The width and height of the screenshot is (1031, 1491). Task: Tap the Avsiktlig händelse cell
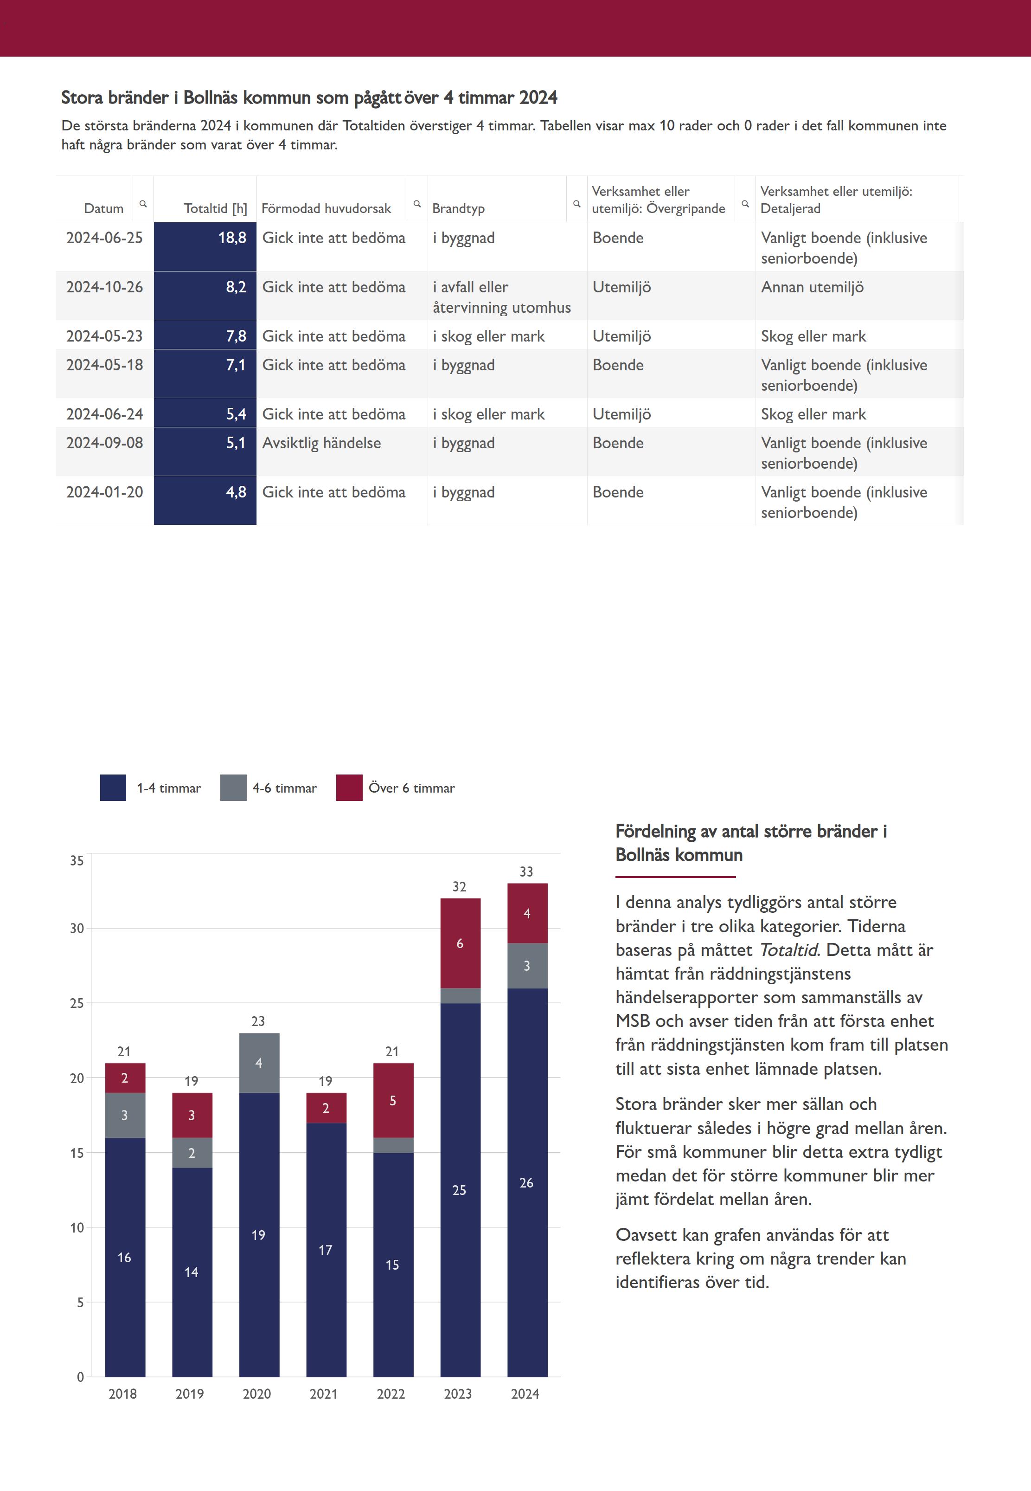coord(322,443)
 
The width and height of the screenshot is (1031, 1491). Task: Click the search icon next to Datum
coord(143,204)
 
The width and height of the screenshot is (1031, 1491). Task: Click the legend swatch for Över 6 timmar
coord(349,788)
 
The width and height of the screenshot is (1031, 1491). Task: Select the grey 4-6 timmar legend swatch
coord(233,788)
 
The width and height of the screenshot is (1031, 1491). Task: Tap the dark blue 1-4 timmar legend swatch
coord(113,788)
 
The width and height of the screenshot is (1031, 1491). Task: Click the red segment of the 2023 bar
coord(460,943)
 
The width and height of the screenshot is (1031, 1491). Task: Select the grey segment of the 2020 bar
coord(259,1063)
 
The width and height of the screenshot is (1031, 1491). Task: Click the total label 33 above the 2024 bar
coord(526,872)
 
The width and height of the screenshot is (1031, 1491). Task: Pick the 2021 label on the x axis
coord(324,1394)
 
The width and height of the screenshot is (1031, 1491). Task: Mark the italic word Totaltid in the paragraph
coord(788,950)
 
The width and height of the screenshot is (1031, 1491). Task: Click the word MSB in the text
coord(633,1021)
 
